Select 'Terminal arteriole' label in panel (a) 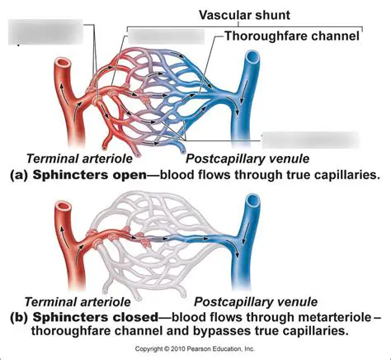(73, 159)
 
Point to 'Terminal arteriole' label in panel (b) (73, 302)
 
